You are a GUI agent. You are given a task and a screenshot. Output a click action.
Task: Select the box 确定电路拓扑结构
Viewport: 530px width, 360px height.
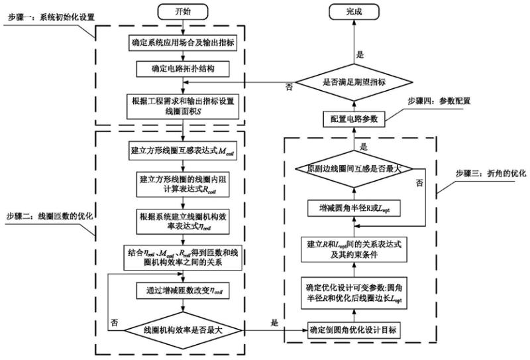point(183,69)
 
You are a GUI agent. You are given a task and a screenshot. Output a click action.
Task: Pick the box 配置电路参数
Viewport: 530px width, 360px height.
point(355,118)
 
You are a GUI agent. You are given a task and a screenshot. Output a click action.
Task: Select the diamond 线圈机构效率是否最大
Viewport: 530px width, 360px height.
point(183,330)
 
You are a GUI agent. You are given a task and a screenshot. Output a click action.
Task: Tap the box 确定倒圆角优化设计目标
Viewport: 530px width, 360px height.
point(355,330)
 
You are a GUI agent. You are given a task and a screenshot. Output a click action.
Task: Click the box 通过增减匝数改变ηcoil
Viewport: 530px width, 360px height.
point(183,290)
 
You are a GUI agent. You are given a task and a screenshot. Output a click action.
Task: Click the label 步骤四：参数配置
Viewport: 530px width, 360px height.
point(432,101)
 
